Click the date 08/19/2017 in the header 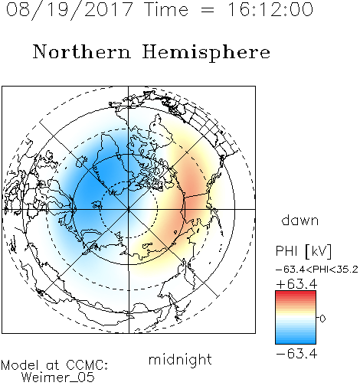click(x=70, y=10)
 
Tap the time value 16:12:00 click(x=270, y=9)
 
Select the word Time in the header click(x=166, y=9)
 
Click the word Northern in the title click(x=82, y=51)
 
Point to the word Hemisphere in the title click(x=206, y=53)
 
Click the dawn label click(x=300, y=220)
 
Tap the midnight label click(x=180, y=359)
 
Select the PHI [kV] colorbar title click(x=303, y=251)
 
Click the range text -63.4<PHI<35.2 click(x=317, y=270)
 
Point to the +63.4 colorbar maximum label click(x=296, y=284)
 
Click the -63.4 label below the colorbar click(x=296, y=354)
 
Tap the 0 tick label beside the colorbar click(x=322, y=319)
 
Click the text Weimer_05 click(x=58, y=378)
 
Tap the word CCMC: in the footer click(x=87, y=365)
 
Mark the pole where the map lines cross click(x=129, y=209)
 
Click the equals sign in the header click(x=208, y=10)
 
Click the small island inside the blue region click(x=97, y=205)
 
